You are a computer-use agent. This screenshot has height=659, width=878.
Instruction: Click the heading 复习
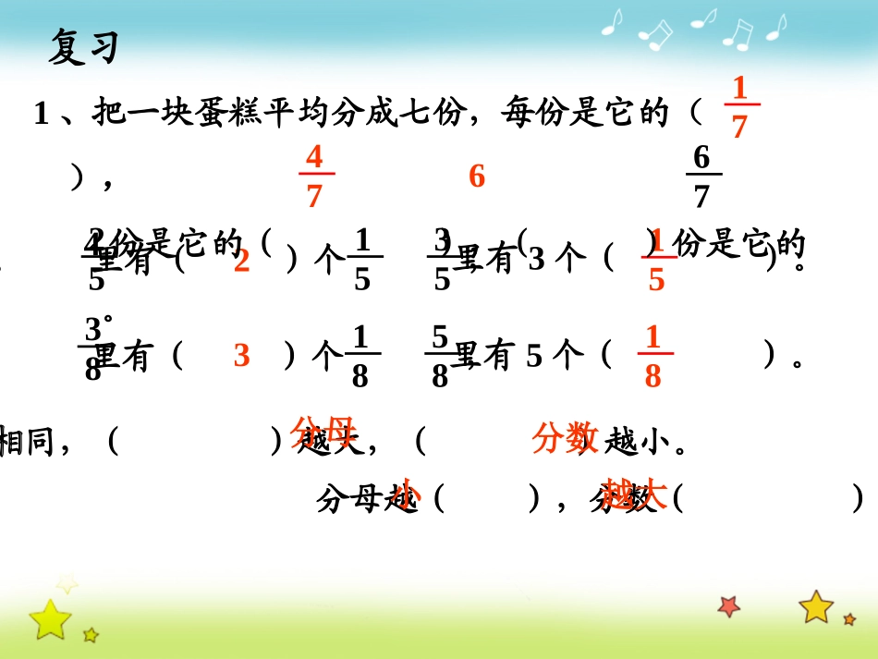[83, 46]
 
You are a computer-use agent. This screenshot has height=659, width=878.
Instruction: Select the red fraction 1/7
[738, 108]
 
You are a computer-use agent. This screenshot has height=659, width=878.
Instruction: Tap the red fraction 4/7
[314, 176]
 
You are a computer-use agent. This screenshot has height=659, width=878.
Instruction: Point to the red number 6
[477, 177]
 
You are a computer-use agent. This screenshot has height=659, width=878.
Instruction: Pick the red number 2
[242, 262]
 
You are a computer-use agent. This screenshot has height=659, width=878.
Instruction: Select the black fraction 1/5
[362, 261]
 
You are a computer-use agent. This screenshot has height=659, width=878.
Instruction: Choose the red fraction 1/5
[656, 261]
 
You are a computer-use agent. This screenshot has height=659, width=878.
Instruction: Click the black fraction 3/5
[443, 261]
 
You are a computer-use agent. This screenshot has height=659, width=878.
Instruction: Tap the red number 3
[242, 356]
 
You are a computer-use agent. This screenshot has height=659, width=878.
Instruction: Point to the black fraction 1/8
[360, 357]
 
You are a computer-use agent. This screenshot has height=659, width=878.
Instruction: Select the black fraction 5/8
[440, 357]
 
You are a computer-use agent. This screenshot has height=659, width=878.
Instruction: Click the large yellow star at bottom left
[49, 617]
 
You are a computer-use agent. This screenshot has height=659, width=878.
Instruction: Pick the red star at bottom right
[729, 605]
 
